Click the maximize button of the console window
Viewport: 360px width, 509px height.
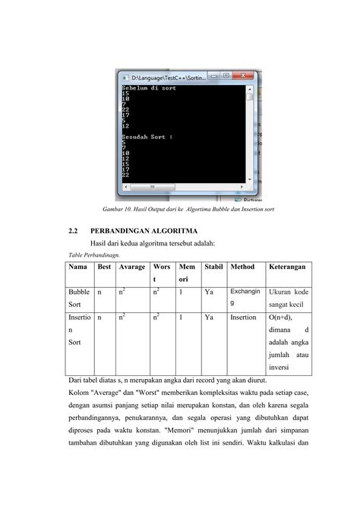tap(226, 76)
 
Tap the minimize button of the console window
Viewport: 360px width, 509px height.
tap(215, 76)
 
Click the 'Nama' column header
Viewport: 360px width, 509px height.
tap(77, 267)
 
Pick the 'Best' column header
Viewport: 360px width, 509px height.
tap(104, 267)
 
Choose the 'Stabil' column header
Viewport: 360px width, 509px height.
tap(213, 267)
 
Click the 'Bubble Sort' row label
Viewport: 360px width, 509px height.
tap(78, 298)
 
